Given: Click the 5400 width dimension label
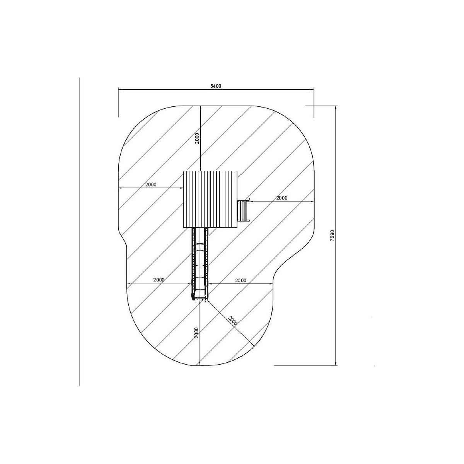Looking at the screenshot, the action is point(215,86).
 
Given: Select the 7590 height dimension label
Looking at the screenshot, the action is point(332,235).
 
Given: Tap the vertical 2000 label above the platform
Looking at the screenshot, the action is point(197,138).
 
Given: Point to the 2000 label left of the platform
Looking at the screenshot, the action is point(151,185).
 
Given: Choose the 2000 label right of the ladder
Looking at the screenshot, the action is point(281,198).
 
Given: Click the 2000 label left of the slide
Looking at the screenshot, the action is point(159,280).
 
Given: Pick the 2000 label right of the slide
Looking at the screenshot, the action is point(241,280).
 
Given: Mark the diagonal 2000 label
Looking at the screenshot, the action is point(233,321).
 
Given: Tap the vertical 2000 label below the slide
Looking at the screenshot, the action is point(197,333).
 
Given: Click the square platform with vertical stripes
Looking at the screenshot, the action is point(210,200).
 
